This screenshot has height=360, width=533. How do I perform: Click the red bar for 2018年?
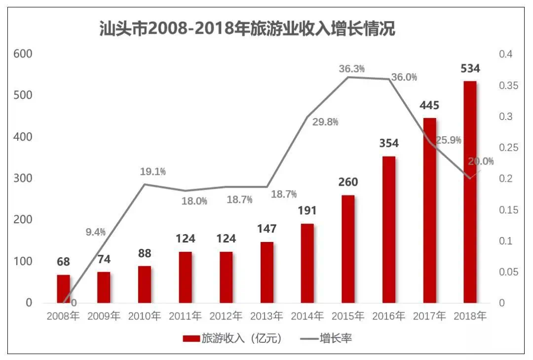tap(470, 192)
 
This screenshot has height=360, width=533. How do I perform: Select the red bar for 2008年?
tap(63, 288)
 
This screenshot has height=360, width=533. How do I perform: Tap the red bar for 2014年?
tap(307, 263)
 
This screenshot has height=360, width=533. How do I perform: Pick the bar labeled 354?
tap(389, 229)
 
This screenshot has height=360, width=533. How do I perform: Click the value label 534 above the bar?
tap(470, 68)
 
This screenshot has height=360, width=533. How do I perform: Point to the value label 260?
tap(348, 182)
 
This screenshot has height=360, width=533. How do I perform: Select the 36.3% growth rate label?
tap(351, 69)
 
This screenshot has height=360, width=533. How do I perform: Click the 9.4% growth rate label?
tap(96, 232)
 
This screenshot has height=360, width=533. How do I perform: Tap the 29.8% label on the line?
tap(325, 122)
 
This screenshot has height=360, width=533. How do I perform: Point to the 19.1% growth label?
tap(152, 171)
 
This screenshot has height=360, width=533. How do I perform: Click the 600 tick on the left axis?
tap(23, 54)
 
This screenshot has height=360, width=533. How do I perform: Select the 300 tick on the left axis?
tap(23, 178)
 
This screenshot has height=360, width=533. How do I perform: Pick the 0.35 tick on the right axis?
tap(508, 85)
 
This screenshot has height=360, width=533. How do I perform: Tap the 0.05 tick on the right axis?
tap(508, 272)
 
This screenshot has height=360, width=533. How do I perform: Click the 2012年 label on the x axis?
tap(226, 316)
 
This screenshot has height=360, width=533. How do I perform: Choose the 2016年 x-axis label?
tap(388, 316)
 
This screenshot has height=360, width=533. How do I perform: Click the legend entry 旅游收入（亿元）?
tap(232, 338)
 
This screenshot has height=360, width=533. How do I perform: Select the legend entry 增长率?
tap(326, 338)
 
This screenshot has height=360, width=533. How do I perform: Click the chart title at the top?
tap(247, 29)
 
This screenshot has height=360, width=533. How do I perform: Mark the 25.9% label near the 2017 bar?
tap(448, 140)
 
